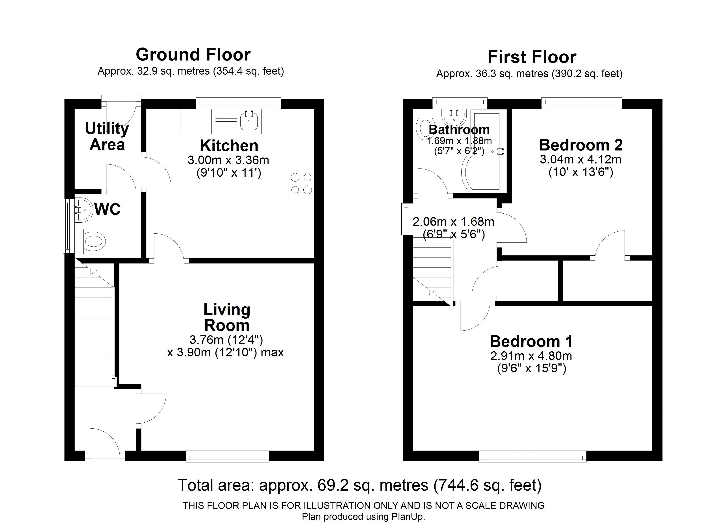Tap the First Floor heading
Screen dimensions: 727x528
point(532,57)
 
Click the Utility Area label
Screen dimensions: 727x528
point(107,137)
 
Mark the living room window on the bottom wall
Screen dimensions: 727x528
point(227,456)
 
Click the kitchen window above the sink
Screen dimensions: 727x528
point(238,103)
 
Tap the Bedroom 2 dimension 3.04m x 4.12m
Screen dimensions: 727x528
point(580,159)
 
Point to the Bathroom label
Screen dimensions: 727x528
point(459,130)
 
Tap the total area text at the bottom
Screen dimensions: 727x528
point(360,485)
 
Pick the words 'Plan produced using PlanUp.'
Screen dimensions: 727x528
point(363,517)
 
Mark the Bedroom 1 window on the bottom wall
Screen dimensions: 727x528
point(532,456)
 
